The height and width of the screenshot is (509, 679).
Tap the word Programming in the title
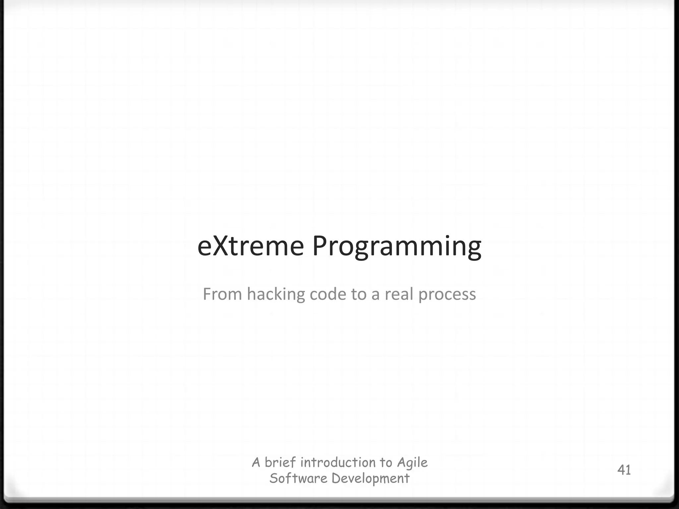pyautogui.click(x=397, y=247)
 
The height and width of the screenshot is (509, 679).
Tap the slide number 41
pyautogui.click(x=624, y=470)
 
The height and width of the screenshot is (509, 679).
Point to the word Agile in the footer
pyautogui.click(x=412, y=463)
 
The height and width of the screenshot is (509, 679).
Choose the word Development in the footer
pyautogui.click(x=370, y=479)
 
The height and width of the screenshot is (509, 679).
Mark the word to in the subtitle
pyautogui.click(x=358, y=294)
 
